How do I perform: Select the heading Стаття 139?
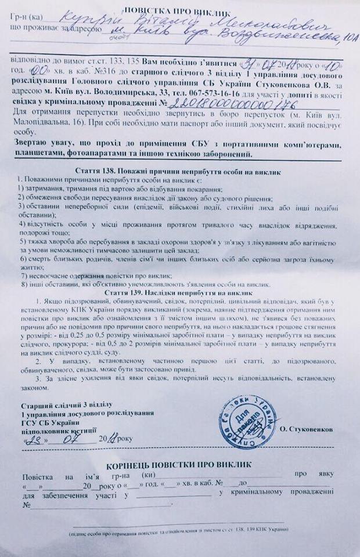(x=179, y=294)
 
